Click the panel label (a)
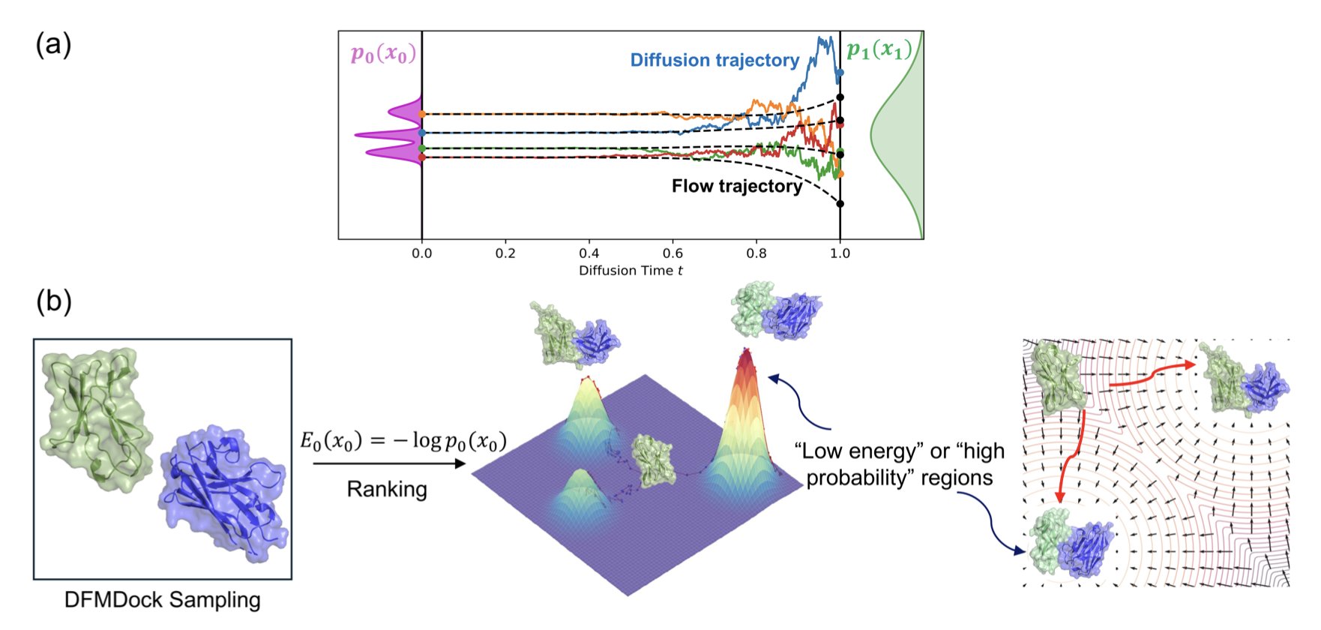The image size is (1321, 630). point(53,45)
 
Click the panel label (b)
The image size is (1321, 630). point(53,301)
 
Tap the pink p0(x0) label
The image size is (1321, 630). point(382,54)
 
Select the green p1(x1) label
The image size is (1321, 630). point(879,50)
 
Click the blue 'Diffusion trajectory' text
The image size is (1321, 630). point(714,60)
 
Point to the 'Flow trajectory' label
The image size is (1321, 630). point(736,186)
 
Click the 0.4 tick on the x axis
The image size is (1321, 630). point(589,253)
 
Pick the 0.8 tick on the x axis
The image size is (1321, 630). point(756,253)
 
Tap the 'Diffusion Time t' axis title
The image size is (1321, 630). point(631,271)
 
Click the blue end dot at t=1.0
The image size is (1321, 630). point(840,73)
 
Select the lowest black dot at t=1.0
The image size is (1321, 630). point(840,204)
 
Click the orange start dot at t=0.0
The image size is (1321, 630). point(422,114)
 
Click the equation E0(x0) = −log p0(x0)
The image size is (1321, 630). point(403,442)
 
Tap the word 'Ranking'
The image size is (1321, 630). point(387,489)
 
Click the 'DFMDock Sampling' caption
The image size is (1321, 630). point(162,599)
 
